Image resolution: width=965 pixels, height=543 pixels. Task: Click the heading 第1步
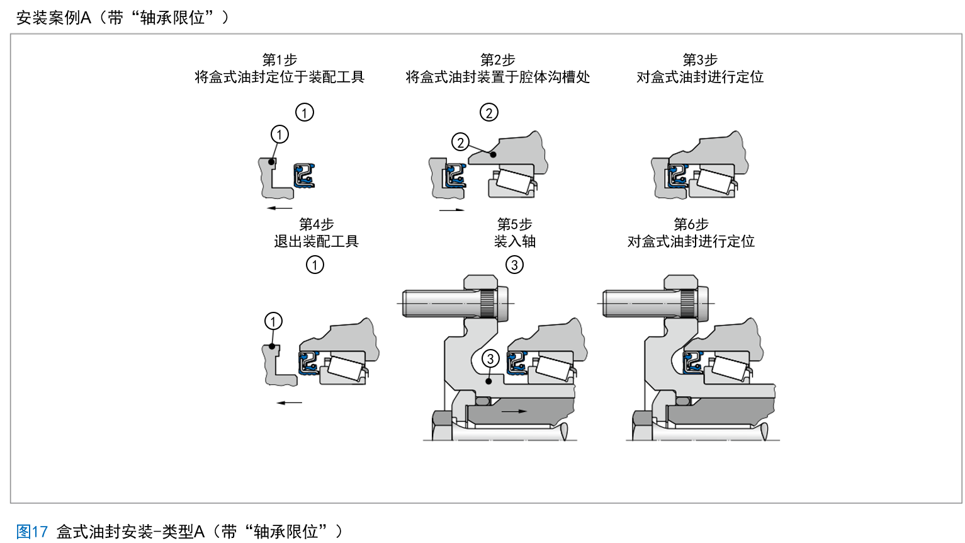pos(279,60)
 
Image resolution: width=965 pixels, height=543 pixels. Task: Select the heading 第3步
pos(700,60)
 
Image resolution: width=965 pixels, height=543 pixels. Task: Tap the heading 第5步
pos(514,224)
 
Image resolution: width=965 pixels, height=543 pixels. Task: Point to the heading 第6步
pos(691,224)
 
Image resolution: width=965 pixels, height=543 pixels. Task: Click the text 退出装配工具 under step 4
pos(316,241)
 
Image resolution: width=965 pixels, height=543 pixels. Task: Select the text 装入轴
pos(514,241)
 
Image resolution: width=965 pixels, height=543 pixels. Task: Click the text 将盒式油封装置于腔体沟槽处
pos(497,77)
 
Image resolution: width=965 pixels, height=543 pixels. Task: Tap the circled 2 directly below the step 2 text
pos(489,113)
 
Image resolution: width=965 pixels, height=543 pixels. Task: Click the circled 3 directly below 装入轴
pos(514,265)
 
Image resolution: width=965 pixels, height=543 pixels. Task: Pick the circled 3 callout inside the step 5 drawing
pos(490,359)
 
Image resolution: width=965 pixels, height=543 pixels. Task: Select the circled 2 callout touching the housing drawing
pos(461,142)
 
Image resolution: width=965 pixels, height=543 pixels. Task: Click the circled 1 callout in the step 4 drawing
pos(273,321)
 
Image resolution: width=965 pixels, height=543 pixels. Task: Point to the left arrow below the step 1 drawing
pos(279,208)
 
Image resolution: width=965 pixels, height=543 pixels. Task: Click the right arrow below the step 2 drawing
pos(452,210)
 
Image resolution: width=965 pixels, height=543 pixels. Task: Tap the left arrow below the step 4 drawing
pos(290,403)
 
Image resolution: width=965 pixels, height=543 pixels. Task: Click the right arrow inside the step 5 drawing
pos(514,411)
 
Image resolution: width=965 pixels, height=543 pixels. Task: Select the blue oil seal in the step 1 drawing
pos(305,176)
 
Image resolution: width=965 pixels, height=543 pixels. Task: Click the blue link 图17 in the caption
pos(32,532)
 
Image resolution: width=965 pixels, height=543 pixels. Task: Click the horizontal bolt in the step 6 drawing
pos(655,303)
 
